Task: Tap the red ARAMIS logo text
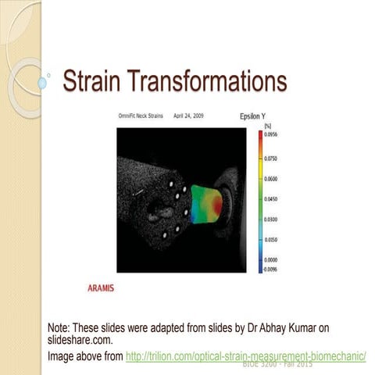click(101, 287)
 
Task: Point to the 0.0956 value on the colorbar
click(273, 134)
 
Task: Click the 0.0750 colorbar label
click(273, 158)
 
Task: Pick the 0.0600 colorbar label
click(273, 178)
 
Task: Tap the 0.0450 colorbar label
click(273, 198)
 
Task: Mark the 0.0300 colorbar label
click(273, 219)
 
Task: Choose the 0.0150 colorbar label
click(273, 239)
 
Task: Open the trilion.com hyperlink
click(245, 356)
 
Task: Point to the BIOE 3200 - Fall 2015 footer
click(278, 364)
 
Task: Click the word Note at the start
click(59, 328)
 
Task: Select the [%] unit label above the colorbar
click(267, 125)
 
